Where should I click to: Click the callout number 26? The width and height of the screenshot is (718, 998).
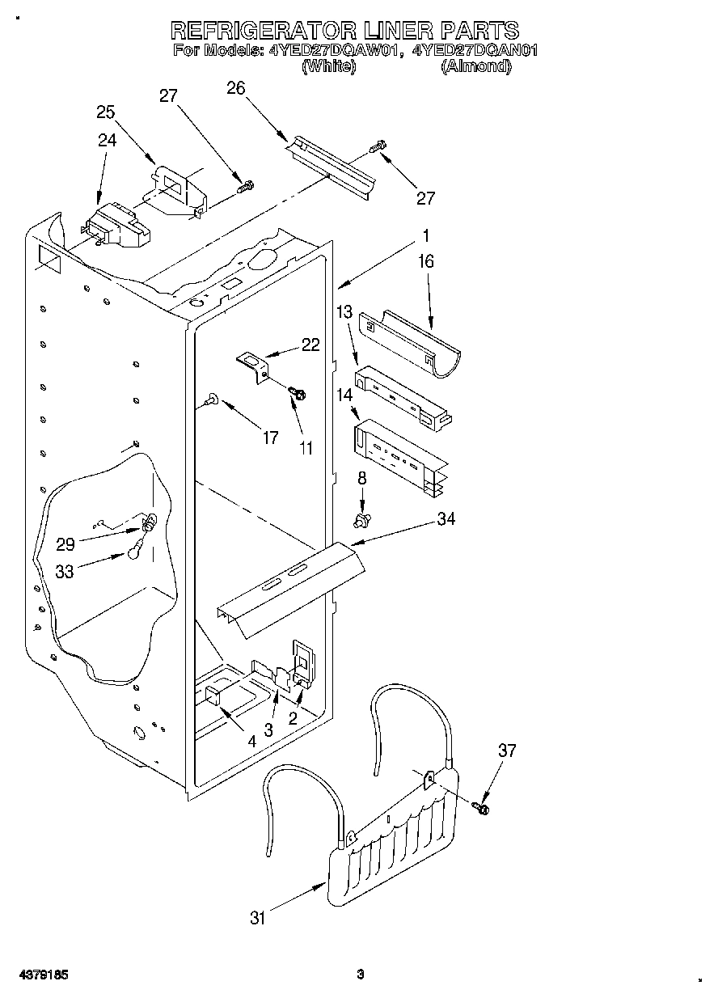point(235,88)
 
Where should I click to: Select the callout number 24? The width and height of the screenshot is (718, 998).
point(107,140)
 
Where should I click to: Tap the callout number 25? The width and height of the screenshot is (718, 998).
point(106,112)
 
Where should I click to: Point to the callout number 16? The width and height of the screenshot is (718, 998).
point(426,261)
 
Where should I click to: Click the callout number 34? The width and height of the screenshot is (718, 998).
point(445,519)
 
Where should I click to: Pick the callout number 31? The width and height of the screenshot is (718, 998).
point(257,917)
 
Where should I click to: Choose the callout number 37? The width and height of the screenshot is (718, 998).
point(506,751)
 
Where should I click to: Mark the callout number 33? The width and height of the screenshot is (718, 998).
point(65,571)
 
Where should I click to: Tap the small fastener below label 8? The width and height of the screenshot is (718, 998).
point(363,517)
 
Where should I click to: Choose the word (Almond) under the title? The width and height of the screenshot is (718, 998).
point(476,67)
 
